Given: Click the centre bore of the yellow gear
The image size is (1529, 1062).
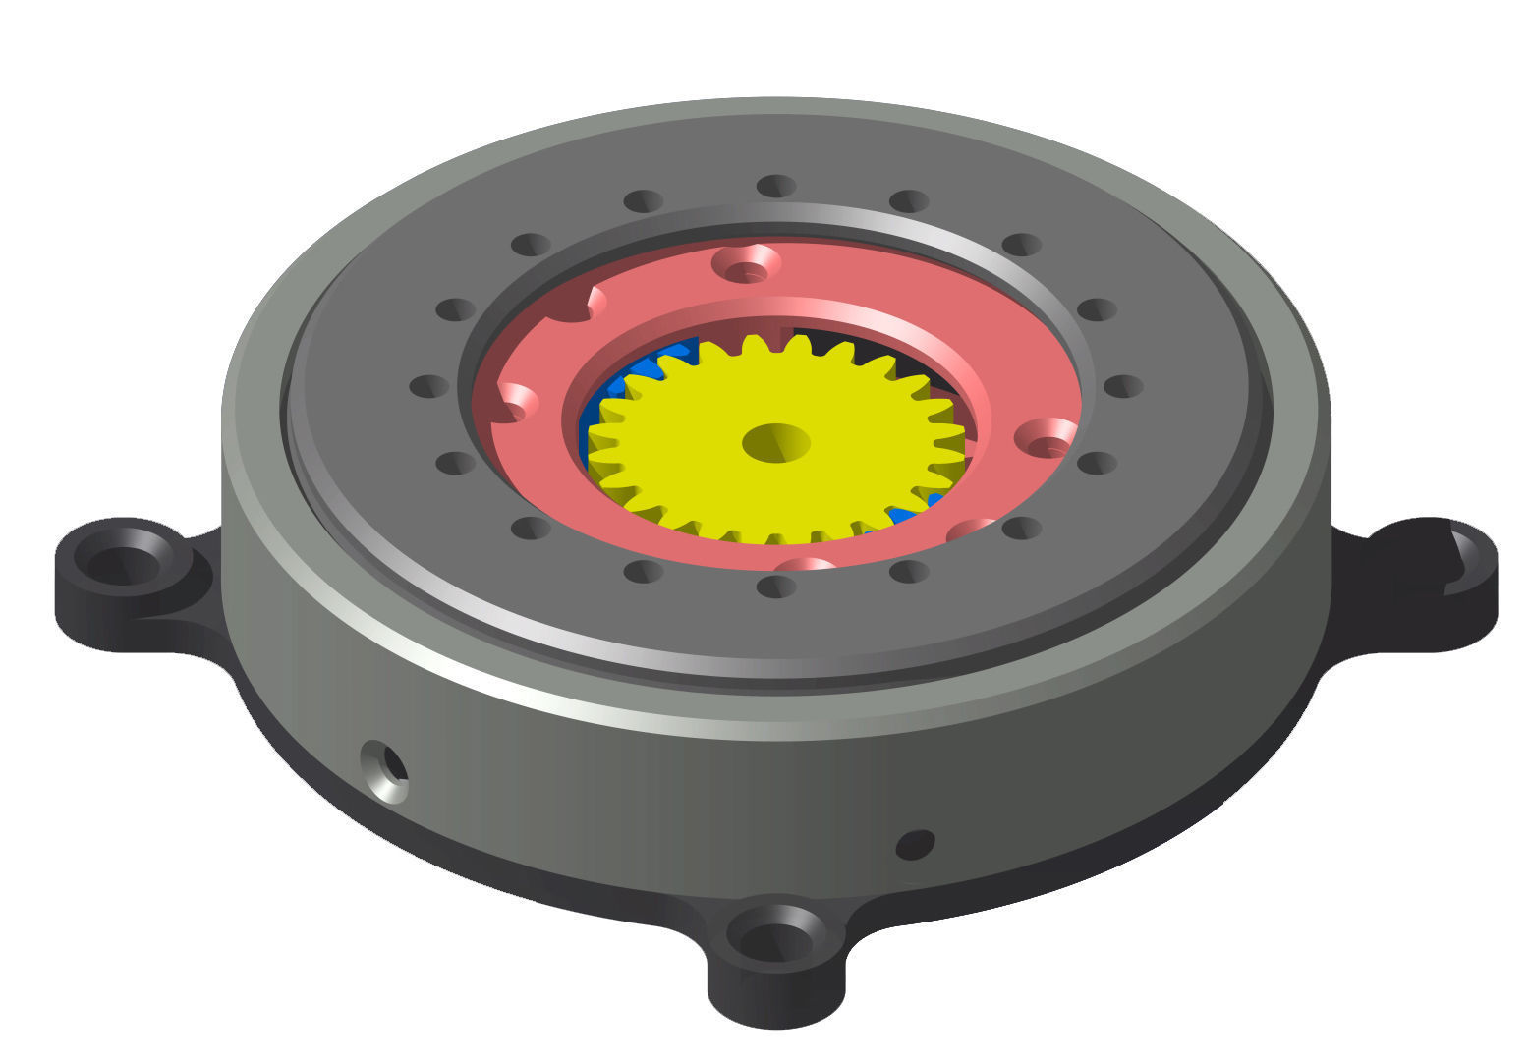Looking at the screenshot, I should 775,443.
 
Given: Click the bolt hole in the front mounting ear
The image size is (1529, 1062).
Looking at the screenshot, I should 776,938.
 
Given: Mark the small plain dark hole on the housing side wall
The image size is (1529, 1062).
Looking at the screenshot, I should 915,844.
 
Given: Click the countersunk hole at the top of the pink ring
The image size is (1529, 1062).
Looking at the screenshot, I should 746,263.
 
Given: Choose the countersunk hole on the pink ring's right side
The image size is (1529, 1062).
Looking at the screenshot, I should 1046,436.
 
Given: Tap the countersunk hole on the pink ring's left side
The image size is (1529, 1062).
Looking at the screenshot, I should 517,401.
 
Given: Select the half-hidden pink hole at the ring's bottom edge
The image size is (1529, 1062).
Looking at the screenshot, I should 805,565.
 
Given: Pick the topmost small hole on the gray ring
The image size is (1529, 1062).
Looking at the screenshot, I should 775,186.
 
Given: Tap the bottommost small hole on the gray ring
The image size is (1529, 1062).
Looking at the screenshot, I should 775,587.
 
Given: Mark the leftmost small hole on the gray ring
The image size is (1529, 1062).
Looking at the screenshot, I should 428,386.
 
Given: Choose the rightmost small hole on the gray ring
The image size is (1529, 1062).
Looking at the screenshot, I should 1122,386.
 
